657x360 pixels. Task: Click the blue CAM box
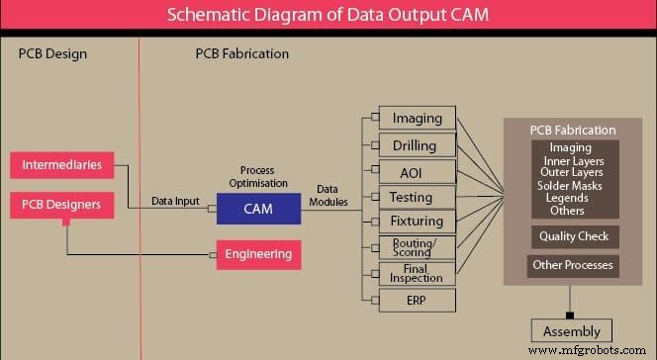pyautogui.click(x=258, y=208)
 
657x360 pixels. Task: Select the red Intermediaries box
pyautogui.click(x=61, y=164)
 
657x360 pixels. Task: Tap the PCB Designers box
pyautogui.click(x=61, y=207)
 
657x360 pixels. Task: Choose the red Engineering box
pyautogui.click(x=258, y=254)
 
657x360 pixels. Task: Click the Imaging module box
pyautogui.click(x=417, y=119)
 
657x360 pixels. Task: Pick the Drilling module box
pyautogui.click(x=417, y=144)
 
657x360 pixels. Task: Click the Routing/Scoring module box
pyautogui.click(x=417, y=247)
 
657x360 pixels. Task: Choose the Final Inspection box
pyautogui.click(x=417, y=273)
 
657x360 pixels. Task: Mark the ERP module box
pyautogui.click(x=417, y=299)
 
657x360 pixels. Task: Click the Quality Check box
pyautogui.click(x=574, y=237)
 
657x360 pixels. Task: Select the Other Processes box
pyautogui.click(x=574, y=265)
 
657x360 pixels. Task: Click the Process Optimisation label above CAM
pyautogui.click(x=257, y=177)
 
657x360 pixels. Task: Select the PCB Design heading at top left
pyautogui.click(x=52, y=53)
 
